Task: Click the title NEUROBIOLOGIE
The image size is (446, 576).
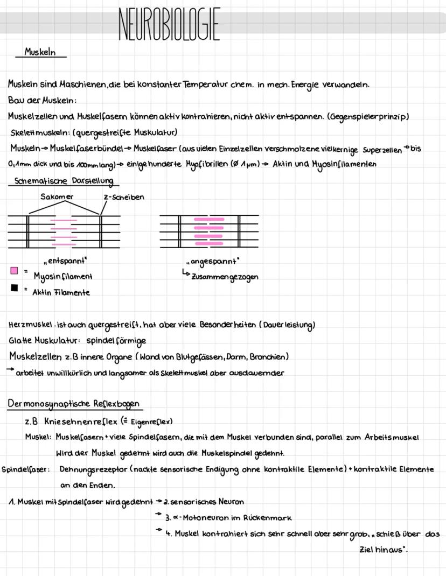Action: click(169, 24)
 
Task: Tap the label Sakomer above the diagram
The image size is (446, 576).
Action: click(57, 197)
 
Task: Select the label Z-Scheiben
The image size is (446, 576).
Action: click(124, 197)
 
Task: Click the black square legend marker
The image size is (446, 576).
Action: click(15, 288)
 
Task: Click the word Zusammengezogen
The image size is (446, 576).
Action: click(225, 276)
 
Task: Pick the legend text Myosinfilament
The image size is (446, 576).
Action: click(62, 277)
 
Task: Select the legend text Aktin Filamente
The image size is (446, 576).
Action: click(61, 292)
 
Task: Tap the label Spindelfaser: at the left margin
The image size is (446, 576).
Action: click(25, 469)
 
